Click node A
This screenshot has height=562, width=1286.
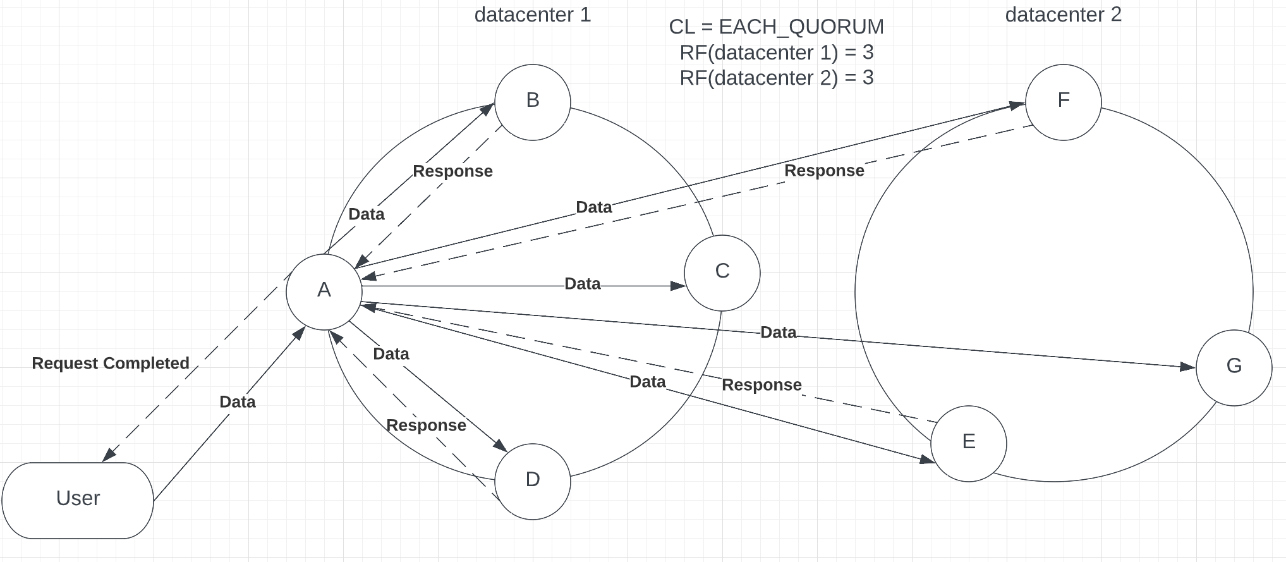tap(324, 291)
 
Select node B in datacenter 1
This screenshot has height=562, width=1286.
tap(532, 102)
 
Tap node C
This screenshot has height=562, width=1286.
tap(722, 272)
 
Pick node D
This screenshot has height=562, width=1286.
tap(532, 480)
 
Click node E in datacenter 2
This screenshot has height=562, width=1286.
tap(968, 443)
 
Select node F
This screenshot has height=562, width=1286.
tap(1063, 102)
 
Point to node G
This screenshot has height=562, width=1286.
tap(1233, 367)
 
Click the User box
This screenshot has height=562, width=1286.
tap(78, 499)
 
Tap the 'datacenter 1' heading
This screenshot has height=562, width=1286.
tap(532, 15)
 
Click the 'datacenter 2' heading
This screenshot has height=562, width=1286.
tap(1063, 15)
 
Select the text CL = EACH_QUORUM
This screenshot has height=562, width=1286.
tap(776, 27)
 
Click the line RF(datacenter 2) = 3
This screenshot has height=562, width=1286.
tap(776, 78)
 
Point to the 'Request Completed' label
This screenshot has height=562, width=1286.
tap(111, 363)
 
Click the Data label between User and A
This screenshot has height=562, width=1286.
tap(237, 401)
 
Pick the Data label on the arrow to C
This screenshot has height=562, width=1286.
tap(582, 284)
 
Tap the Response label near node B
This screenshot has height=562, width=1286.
tap(452, 171)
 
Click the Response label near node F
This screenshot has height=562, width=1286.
tap(824, 171)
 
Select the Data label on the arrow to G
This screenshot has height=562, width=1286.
tap(778, 333)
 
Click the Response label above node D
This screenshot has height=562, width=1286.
tap(426, 425)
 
